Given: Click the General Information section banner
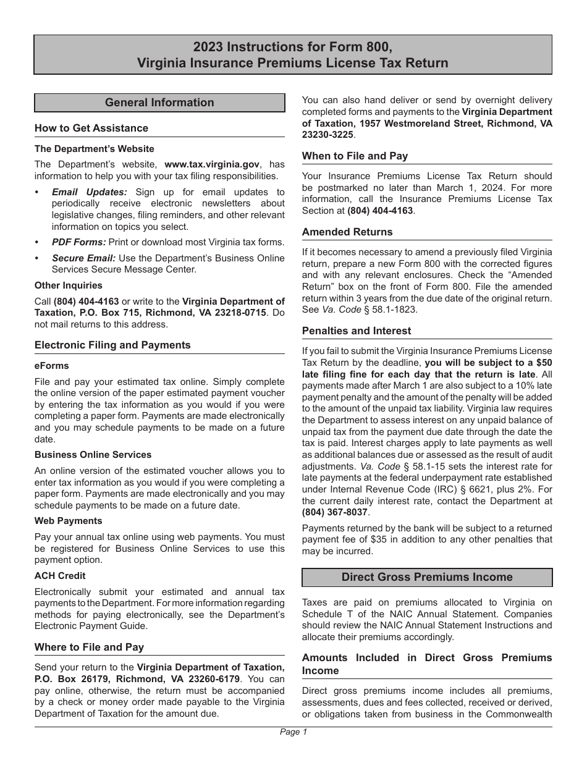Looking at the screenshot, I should pyautogui.click(x=159, y=103).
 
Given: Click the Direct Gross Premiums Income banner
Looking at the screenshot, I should pyautogui.click(x=427, y=577).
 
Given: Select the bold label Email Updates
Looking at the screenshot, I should pyautogui.click(x=90, y=192).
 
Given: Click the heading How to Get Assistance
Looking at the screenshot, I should pyautogui.click(x=91, y=128).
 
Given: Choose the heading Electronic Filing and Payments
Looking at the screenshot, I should pyautogui.click(x=112, y=345).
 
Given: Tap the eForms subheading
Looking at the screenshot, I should pyautogui.click(x=52, y=366).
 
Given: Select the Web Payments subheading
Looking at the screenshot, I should pyautogui.click(x=69, y=521).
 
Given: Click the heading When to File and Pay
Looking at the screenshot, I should pyautogui.click(x=355, y=156).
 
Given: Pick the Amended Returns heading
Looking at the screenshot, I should pyautogui.click(x=347, y=232).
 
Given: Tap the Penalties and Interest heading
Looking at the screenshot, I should pyautogui.click(x=357, y=331).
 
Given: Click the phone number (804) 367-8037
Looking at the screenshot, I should pyautogui.click(x=334, y=512).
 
